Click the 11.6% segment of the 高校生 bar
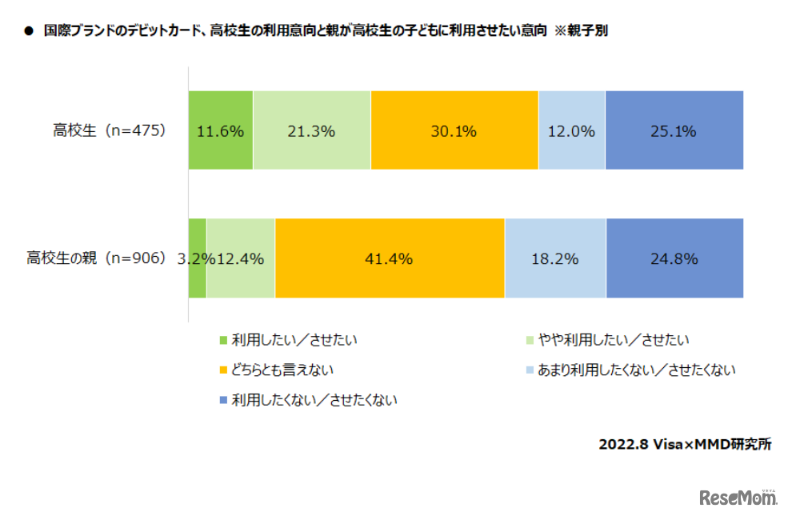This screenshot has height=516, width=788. pyautogui.click(x=220, y=130)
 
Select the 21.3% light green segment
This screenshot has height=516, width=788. pyautogui.click(x=311, y=130)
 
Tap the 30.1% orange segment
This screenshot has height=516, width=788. pyautogui.click(x=454, y=130)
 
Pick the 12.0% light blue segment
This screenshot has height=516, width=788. pyautogui.click(x=571, y=130)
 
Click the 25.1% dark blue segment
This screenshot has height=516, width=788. pyautogui.click(x=674, y=130)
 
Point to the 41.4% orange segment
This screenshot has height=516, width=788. pyautogui.click(x=389, y=258)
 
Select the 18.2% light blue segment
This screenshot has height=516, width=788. pyautogui.click(x=554, y=258)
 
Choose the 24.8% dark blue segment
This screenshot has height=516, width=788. pyautogui.click(x=674, y=258)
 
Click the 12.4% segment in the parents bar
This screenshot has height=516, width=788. pyautogui.click(x=241, y=258)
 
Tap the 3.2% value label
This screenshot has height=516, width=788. pyautogui.click(x=192, y=258)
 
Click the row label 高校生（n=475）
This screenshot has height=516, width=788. pyautogui.click(x=109, y=130)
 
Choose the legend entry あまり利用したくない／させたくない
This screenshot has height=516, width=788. pyautogui.click(x=636, y=370)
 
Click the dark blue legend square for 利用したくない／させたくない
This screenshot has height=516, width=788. pyautogui.click(x=224, y=400)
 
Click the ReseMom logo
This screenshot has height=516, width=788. pyautogui.click(x=738, y=498)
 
